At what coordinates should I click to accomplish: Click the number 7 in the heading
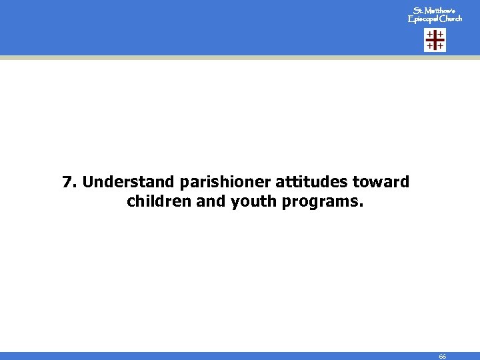[x=67, y=182]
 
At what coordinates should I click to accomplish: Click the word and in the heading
[x=211, y=201]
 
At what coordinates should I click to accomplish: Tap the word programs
[x=323, y=201]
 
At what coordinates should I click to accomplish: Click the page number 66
[x=443, y=357]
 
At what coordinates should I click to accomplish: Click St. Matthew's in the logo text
[x=434, y=11]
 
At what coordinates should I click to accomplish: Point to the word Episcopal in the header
[x=421, y=19]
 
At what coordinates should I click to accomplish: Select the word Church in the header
[x=449, y=19]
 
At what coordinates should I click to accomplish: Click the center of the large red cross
[x=435, y=41]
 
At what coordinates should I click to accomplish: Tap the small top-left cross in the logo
[x=430, y=35]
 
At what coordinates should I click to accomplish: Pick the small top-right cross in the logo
[x=441, y=35]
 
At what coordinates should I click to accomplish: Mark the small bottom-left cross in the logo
[x=430, y=47]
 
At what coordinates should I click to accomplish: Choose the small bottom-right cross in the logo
[x=441, y=47]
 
